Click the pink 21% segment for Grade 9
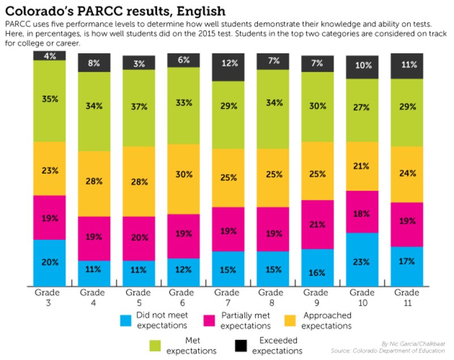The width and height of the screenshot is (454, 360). coord(317,224)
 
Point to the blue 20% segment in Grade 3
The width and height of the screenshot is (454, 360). coord(49,262)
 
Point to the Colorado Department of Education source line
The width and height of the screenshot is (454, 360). coord(405,351)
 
